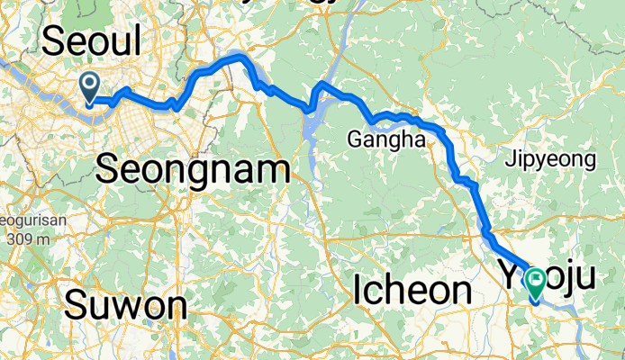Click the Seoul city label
point(93,42)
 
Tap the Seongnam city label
point(193,169)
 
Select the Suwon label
point(125,305)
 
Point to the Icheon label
point(412,290)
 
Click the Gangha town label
point(386,139)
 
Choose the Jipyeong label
point(550,160)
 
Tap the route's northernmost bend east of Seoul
point(240,57)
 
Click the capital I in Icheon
point(358,290)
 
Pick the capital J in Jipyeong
point(509,160)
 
